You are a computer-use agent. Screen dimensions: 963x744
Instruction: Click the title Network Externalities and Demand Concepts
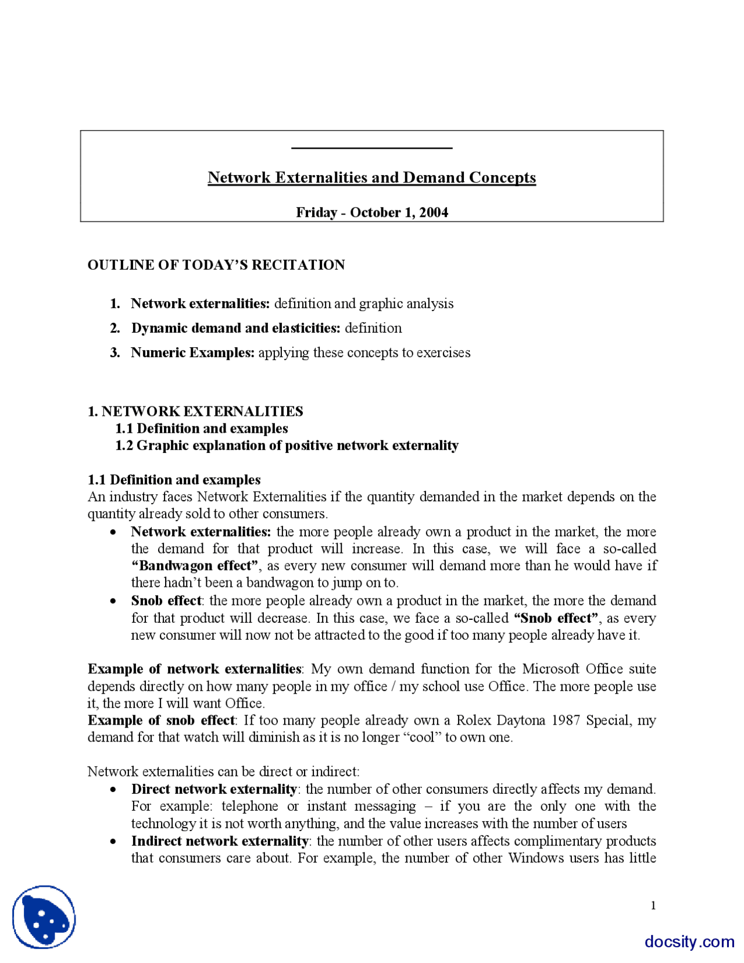371,177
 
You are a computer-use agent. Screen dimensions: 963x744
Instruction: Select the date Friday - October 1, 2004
371,212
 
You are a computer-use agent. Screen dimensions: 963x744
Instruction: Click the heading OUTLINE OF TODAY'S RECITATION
216,265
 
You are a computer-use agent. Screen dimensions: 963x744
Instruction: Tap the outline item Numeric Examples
192,352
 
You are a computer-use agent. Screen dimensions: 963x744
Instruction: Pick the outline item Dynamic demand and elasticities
235,328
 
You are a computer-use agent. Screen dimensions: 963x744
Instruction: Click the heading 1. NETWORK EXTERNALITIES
195,411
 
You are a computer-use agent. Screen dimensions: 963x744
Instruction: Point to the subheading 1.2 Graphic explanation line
287,445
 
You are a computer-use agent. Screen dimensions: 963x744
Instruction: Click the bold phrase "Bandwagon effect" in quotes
195,566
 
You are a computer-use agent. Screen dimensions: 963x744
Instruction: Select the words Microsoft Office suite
589,669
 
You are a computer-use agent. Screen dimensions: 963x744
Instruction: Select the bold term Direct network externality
214,789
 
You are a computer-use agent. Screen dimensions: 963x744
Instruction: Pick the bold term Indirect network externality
220,841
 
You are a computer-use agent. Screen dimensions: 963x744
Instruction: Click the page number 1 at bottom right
653,905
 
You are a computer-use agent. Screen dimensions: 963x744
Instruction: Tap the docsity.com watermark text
689,941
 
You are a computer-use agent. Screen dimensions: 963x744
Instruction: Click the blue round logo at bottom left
44,917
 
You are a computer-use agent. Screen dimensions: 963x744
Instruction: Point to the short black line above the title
371,148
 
